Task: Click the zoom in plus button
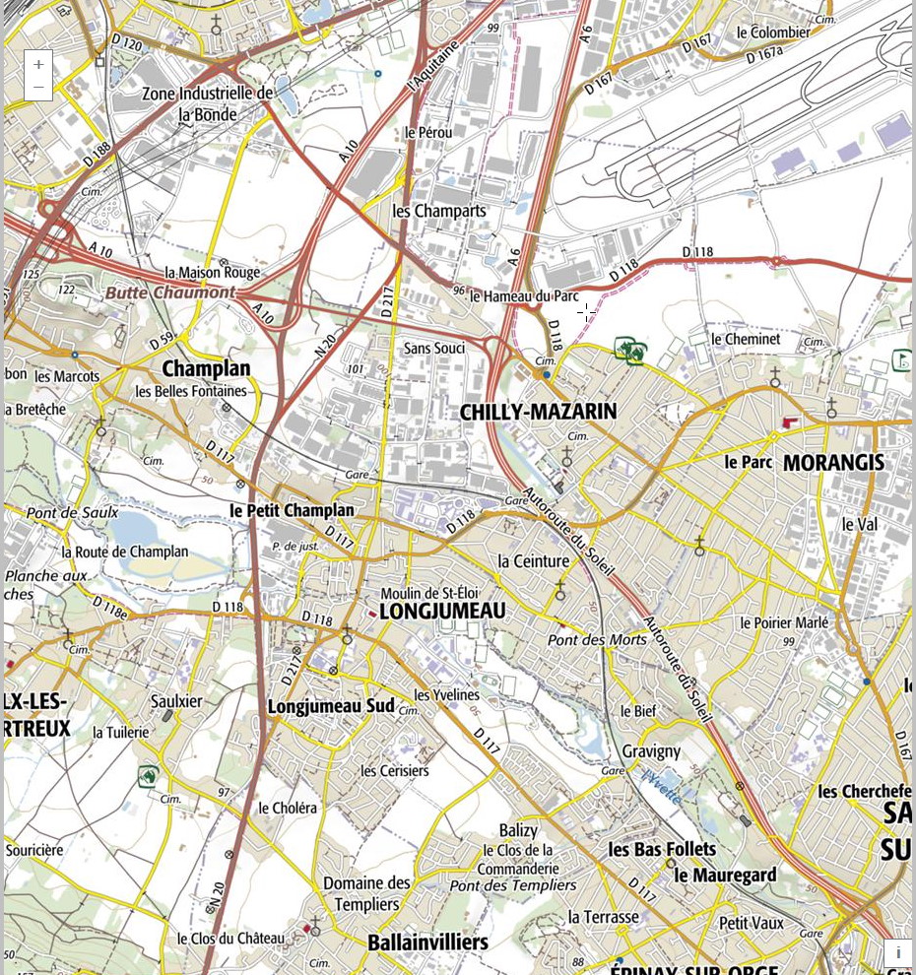pyautogui.click(x=38, y=64)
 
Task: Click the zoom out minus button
pyautogui.click(x=38, y=88)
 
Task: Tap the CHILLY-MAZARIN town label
pyautogui.click(x=538, y=412)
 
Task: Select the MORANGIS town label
pyautogui.click(x=833, y=462)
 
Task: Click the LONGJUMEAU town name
pyautogui.click(x=441, y=612)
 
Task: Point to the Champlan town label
pyautogui.click(x=206, y=368)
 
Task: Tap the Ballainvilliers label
pyautogui.click(x=427, y=942)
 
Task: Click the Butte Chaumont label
pyautogui.click(x=170, y=292)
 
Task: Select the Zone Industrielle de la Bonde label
pyautogui.click(x=207, y=103)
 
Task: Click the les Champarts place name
pyautogui.click(x=439, y=211)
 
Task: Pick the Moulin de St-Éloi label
pyautogui.click(x=429, y=593)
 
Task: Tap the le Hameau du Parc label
pyautogui.click(x=524, y=295)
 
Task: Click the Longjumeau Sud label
pyautogui.click(x=331, y=706)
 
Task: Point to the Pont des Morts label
pyautogui.click(x=597, y=639)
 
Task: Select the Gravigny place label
pyautogui.click(x=651, y=750)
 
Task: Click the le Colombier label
pyautogui.click(x=773, y=32)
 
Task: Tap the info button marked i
pyautogui.click(x=897, y=952)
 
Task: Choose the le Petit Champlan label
pyautogui.click(x=292, y=510)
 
